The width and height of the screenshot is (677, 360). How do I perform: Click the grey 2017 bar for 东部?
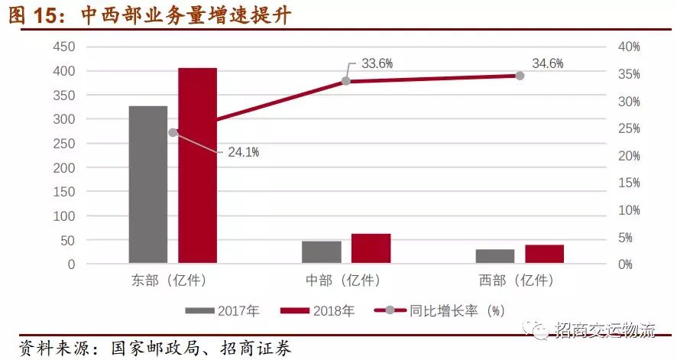(x=147, y=184)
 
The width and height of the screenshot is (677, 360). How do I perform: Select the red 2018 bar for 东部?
(x=197, y=165)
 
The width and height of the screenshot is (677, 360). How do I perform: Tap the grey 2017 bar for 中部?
(x=321, y=252)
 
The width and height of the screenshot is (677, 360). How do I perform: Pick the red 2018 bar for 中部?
(x=371, y=248)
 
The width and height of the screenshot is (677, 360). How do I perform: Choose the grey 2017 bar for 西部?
(x=494, y=256)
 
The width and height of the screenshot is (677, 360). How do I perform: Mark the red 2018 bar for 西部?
(x=544, y=254)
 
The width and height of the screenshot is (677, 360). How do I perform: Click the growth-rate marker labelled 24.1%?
(x=173, y=132)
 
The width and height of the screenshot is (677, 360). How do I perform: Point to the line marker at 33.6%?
(x=345, y=81)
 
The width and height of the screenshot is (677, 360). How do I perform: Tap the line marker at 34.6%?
(x=520, y=76)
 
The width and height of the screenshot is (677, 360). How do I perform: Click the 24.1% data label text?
(x=243, y=152)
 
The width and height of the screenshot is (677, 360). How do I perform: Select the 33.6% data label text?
(x=377, y=63)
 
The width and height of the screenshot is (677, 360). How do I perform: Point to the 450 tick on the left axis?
(x=64, y=47)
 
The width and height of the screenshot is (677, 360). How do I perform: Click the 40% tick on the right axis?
(x=628, y=47)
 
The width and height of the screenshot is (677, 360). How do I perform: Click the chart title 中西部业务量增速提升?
(x=186, y=16)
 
